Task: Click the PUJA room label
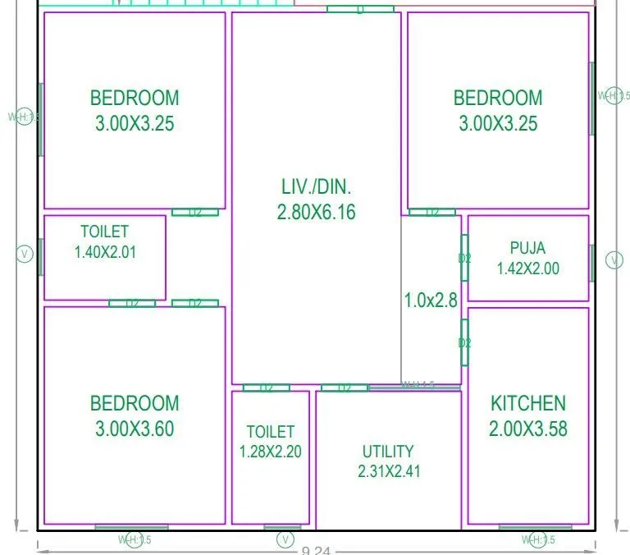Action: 527,248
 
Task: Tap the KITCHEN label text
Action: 527,403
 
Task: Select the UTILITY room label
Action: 388,452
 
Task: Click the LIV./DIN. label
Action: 317,186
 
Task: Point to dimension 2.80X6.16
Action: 317,212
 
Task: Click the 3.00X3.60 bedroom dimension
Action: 135,429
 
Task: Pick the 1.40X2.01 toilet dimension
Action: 105,253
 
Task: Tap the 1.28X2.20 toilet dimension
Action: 270,452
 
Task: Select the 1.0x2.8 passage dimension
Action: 431,300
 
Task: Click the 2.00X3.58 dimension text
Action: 527,429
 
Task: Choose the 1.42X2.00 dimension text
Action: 527,268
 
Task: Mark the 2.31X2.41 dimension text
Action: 388,471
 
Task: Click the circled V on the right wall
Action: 614,260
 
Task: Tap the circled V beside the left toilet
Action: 25,255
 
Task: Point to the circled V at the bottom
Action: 285,539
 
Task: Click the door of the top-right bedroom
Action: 432,213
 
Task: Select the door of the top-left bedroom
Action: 195,213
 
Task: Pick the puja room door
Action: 464,258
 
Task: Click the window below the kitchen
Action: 535,527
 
